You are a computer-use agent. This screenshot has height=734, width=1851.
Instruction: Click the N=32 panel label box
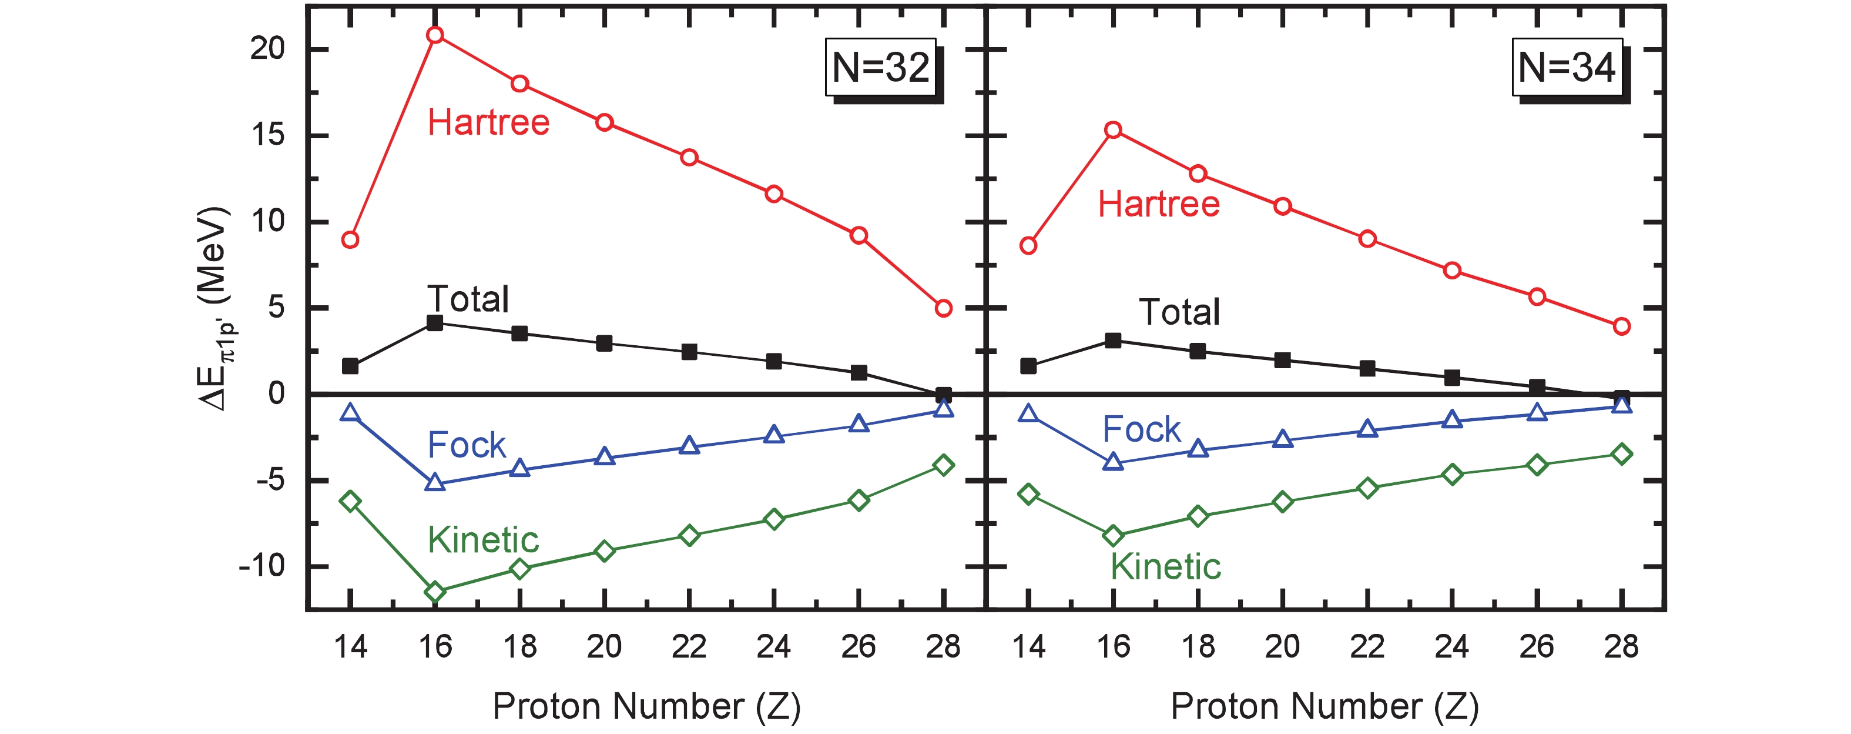coord(880,68)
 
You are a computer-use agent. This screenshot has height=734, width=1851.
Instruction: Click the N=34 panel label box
coord(1567,68)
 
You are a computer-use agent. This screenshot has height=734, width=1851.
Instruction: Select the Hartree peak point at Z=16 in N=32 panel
coord(435,35)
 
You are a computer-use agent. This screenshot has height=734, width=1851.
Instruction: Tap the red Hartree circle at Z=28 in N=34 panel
coord(1622,326)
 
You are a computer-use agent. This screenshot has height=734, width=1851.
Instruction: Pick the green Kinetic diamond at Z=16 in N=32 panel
coord(435,592)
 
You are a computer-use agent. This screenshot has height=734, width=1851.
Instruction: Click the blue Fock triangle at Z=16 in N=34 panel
coord(1113,462)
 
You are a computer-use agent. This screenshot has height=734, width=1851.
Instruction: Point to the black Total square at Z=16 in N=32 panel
coord(435,323)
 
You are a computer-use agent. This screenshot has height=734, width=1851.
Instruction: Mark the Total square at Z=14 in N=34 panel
coord(1028,366)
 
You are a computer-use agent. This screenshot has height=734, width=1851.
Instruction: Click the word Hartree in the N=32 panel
coord(489,122)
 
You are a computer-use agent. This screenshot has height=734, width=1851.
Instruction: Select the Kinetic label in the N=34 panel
coord(1165,566)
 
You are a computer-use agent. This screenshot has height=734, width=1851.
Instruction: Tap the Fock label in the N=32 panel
coord(467,445)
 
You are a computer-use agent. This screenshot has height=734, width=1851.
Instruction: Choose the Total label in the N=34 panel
coord(1179,312)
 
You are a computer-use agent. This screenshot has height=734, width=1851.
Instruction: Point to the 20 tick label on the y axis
coord(267,49)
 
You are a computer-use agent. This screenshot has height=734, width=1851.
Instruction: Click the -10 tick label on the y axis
coord(261,566)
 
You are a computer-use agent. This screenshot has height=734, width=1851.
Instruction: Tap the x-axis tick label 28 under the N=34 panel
coord(1622,647)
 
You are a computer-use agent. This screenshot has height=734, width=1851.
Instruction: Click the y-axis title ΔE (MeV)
coord(214,309)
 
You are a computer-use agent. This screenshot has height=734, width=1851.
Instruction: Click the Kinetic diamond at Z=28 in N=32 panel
coord(944,465)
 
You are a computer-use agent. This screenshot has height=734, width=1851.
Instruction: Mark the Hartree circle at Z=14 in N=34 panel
coord(1028,246)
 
